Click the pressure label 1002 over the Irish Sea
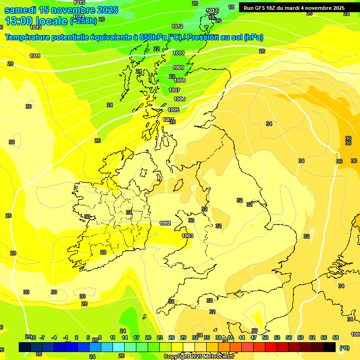pos(165,224)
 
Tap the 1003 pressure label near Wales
pos(187,236)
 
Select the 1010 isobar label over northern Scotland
pos(179,53)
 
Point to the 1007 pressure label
pos(174,90)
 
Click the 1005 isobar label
pos(173,110)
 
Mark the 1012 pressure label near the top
pos(177,26)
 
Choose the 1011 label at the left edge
pos(35,56)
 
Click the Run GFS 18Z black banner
pos(294,8)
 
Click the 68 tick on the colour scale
pos(336,337)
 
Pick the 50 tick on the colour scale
pos(265,337)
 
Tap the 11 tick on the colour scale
pos(112,337)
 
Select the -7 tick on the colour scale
pos(42,337)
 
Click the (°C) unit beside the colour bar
pos(344,348)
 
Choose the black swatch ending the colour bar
pos(330,347)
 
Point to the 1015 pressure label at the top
pos(79,3)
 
